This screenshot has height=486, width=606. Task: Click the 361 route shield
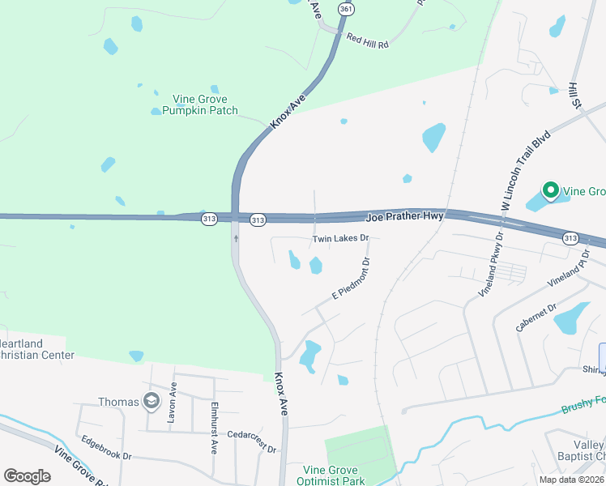click(x=347, y=9)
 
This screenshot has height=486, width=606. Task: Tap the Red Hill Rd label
click(x=367, y=40)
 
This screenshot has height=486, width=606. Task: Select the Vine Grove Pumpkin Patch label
click(x=199, y=104)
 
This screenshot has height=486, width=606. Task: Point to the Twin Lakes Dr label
click(x=341, y=239)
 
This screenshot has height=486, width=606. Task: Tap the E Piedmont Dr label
click(x=351, y=278)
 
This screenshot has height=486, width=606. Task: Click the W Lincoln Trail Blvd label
click(x=526, y=171)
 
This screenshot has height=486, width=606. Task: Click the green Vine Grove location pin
click(x=550, y=191)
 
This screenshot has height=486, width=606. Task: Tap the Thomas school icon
click(x=151, y=401)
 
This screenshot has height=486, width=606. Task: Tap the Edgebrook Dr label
click(x=106, y=448)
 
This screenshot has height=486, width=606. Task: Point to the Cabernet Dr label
click(x=536, y=318)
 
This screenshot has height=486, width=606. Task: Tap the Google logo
click(x=27, y=476)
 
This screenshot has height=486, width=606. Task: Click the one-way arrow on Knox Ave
click(x=237, y=238)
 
